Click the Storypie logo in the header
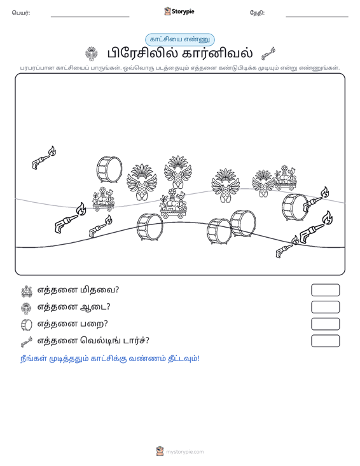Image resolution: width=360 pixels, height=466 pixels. [179, 11]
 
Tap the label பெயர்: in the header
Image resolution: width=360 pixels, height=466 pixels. [21, 13]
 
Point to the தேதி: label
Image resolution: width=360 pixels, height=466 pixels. [257, 13]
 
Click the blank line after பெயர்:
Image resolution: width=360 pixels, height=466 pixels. [90, 17]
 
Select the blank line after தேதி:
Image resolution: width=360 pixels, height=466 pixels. [317, 17]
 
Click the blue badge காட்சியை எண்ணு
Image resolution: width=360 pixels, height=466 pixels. [180, 39]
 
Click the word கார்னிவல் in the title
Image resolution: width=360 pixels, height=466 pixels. [217, 53]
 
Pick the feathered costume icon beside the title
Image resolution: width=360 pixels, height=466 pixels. [91, 54]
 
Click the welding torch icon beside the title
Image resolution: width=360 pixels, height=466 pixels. [268, 53]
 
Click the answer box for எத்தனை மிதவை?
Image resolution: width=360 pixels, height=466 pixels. [325, 290]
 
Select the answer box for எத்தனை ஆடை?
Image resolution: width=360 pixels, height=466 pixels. [325, 307]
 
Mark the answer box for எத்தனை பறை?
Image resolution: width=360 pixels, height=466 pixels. [325, 324]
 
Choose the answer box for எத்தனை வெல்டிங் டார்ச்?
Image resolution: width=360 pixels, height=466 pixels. [325, 341]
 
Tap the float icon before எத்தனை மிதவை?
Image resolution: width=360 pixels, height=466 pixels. [27, 291]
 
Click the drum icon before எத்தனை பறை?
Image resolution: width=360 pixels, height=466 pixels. [27, 325]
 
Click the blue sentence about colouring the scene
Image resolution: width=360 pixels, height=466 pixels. [109, 359]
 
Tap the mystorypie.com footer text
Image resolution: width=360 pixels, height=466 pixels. [184, 452]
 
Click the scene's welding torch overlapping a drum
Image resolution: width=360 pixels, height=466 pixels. [316, 199]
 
